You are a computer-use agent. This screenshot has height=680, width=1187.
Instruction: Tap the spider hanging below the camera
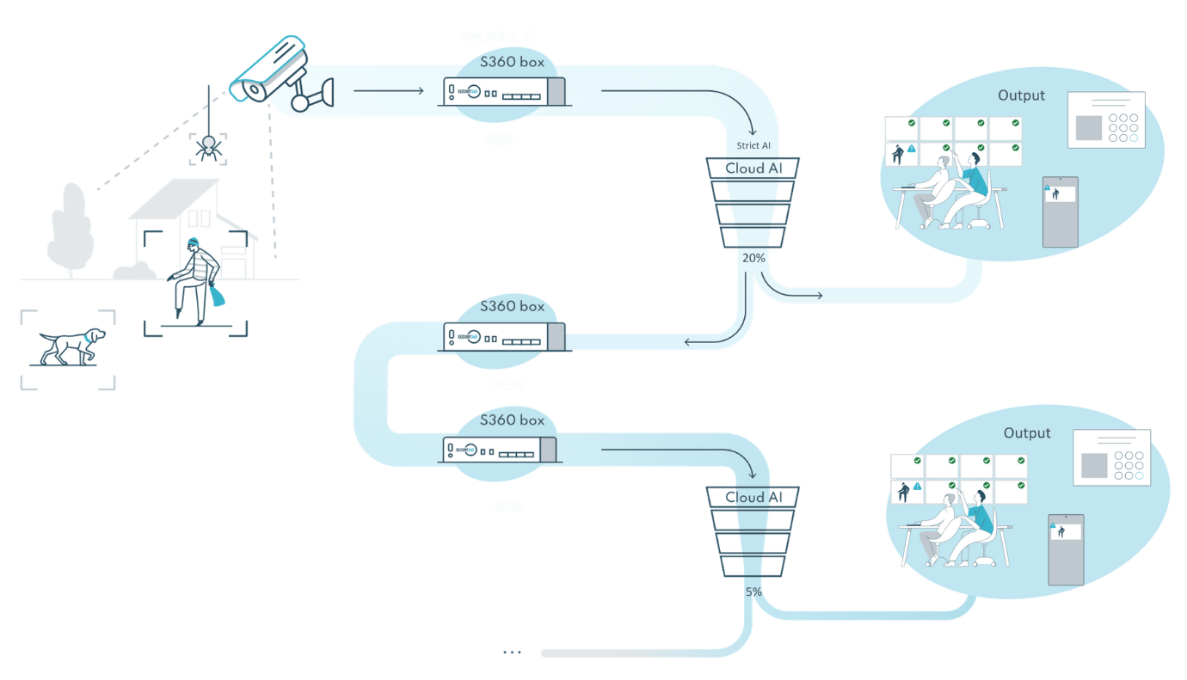click(x=207, y=147)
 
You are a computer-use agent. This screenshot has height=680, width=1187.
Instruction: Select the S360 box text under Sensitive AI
click(x=513, y=63)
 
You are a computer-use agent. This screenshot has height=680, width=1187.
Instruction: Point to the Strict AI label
click(x=753, y=145)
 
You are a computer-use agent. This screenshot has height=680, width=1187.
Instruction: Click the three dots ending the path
click(x=512, y=653)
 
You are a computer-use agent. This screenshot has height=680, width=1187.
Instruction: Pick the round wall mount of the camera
click(x=300, y=102)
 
